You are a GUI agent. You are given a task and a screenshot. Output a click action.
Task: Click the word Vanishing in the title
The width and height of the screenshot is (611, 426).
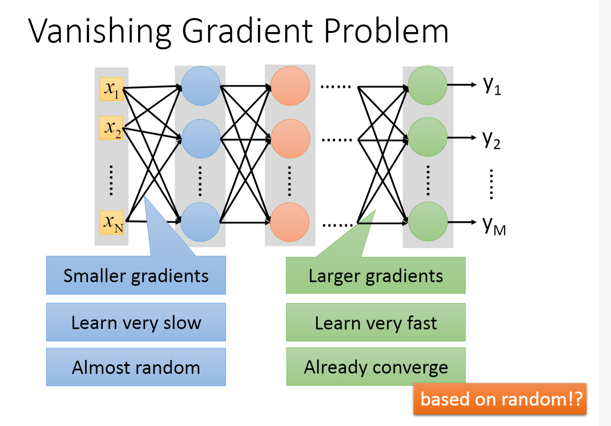pos(100,31)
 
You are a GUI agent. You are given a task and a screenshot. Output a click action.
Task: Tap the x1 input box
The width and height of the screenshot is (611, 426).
pos(111,89)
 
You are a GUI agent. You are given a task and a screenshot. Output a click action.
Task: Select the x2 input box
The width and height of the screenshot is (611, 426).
pos(111,128)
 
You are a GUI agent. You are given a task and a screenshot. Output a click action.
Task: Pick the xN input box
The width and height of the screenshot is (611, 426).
pos(112,223)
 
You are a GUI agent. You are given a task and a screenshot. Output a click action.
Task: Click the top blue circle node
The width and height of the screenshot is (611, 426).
pos(201,86)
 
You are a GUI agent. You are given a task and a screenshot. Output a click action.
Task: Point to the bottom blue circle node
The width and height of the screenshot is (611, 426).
pos(200,222)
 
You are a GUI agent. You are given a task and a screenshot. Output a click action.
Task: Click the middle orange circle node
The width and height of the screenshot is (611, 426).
pos(290,139)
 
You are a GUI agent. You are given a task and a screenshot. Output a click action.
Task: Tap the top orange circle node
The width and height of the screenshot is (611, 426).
pos(290,86)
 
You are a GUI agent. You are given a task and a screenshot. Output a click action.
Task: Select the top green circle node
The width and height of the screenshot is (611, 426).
pos(427,85)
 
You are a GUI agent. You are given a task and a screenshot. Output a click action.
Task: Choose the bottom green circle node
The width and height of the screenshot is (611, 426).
pos(427,221)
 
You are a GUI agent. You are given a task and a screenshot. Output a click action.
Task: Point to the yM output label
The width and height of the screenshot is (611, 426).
pos(494,225)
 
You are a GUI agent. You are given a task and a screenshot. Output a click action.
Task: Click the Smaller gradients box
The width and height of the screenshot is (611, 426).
pos(136,275)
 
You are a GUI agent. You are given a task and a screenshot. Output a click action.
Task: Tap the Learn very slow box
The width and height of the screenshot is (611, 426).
pos(136,322)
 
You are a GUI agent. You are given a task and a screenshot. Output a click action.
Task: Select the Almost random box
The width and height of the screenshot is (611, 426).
pos(136,367)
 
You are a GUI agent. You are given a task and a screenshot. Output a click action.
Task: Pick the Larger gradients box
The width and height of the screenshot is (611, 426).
pos(376,275)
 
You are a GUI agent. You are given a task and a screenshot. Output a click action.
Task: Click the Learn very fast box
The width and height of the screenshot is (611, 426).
pos(376,322)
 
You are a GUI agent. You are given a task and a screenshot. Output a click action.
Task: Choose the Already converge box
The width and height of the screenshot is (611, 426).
pos(376,366)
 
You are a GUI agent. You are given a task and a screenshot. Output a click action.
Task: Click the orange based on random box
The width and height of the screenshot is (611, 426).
pos(500,399)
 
